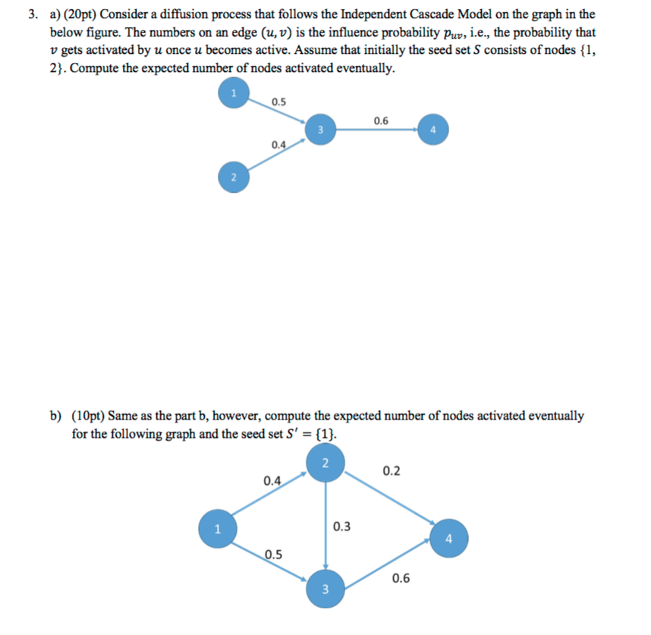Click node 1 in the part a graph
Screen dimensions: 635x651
tap(234, 94)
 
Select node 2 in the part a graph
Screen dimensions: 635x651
tap(234, 177)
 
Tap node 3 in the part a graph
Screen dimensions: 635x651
tap(320, 129)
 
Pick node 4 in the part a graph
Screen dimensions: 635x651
tap(432, 130)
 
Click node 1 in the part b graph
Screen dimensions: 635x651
tap(216, 528)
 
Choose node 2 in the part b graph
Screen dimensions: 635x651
tap(325, 463)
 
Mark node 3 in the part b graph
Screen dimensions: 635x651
tap(325, 589)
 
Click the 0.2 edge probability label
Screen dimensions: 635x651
tap(392, 471)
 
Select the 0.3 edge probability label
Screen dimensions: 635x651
tap(342, 527)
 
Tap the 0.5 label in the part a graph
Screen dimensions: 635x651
tap(278, 101)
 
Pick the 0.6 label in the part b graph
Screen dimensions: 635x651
tap(402, 579)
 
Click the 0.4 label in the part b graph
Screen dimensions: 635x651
tap(272, 480)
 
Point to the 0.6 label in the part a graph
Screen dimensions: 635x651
tap(381, 120)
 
